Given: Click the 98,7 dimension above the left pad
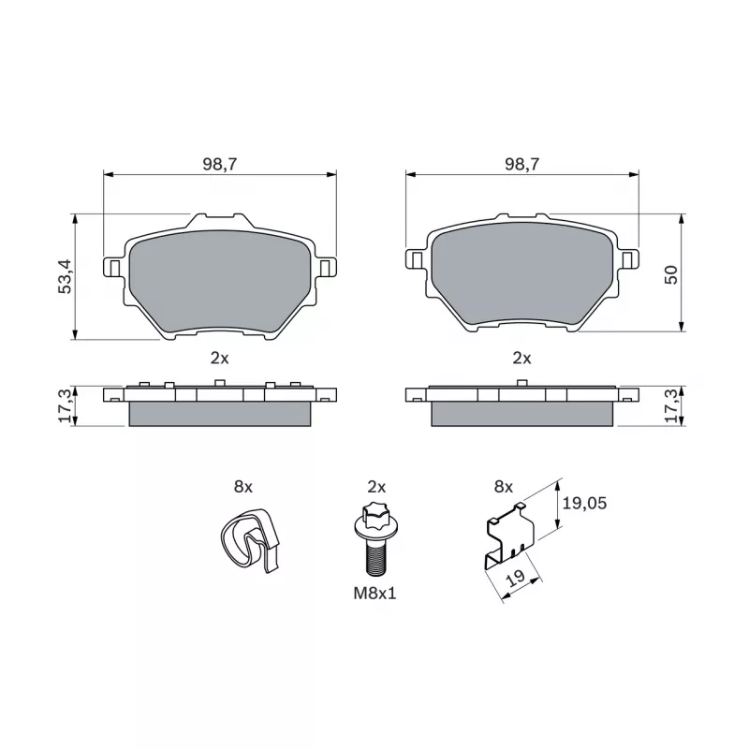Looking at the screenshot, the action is [x=220, y=164].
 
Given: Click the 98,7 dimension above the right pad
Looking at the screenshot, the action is [x=521, y=164].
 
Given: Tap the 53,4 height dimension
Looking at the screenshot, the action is [x=65, y=276].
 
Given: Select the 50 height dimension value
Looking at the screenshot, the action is [x=671, y=274].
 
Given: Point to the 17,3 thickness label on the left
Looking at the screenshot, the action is [x=65, y=405].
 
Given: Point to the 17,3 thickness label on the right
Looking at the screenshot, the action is [x=671, y=405].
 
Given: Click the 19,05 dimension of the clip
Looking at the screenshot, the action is [x=584, y=503].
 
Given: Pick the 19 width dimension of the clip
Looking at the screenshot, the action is [x=516, y=579].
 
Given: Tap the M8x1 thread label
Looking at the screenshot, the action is [x=375, y=594].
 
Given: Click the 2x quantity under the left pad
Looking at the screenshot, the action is [x=220, y=358].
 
